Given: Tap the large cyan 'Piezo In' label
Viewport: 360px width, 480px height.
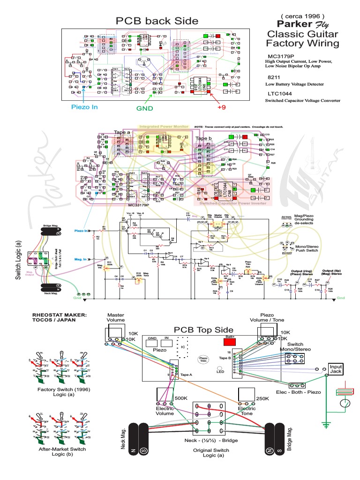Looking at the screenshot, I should tap(84, 107).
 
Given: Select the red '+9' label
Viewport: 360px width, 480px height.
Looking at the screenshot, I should tap(222, 107).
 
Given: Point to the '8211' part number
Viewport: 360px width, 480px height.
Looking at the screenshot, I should tap(274, 76).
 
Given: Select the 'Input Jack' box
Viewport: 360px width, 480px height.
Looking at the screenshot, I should tap(336, 369).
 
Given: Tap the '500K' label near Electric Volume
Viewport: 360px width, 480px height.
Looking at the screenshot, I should tap(181, 398).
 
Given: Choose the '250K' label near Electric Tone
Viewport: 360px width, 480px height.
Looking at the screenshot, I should tap(263, 398).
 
